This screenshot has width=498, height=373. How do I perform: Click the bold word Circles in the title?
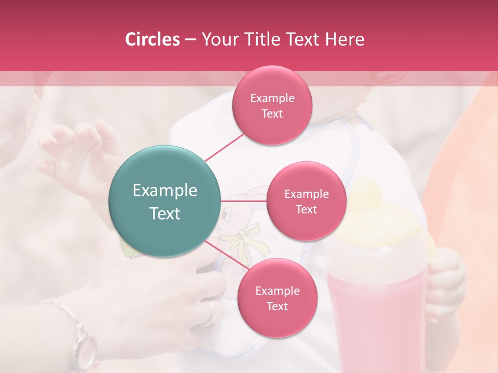coord(153,39)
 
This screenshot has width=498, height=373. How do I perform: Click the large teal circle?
coord(165,201)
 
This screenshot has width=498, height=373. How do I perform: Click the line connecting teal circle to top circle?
coord(224,147)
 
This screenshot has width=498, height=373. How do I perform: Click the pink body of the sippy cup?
coord(376,311)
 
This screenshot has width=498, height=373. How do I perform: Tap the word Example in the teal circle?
coord(165,191)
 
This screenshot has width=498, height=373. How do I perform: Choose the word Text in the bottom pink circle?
coord(277,306)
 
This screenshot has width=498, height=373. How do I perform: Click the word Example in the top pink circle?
coord(272,98)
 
